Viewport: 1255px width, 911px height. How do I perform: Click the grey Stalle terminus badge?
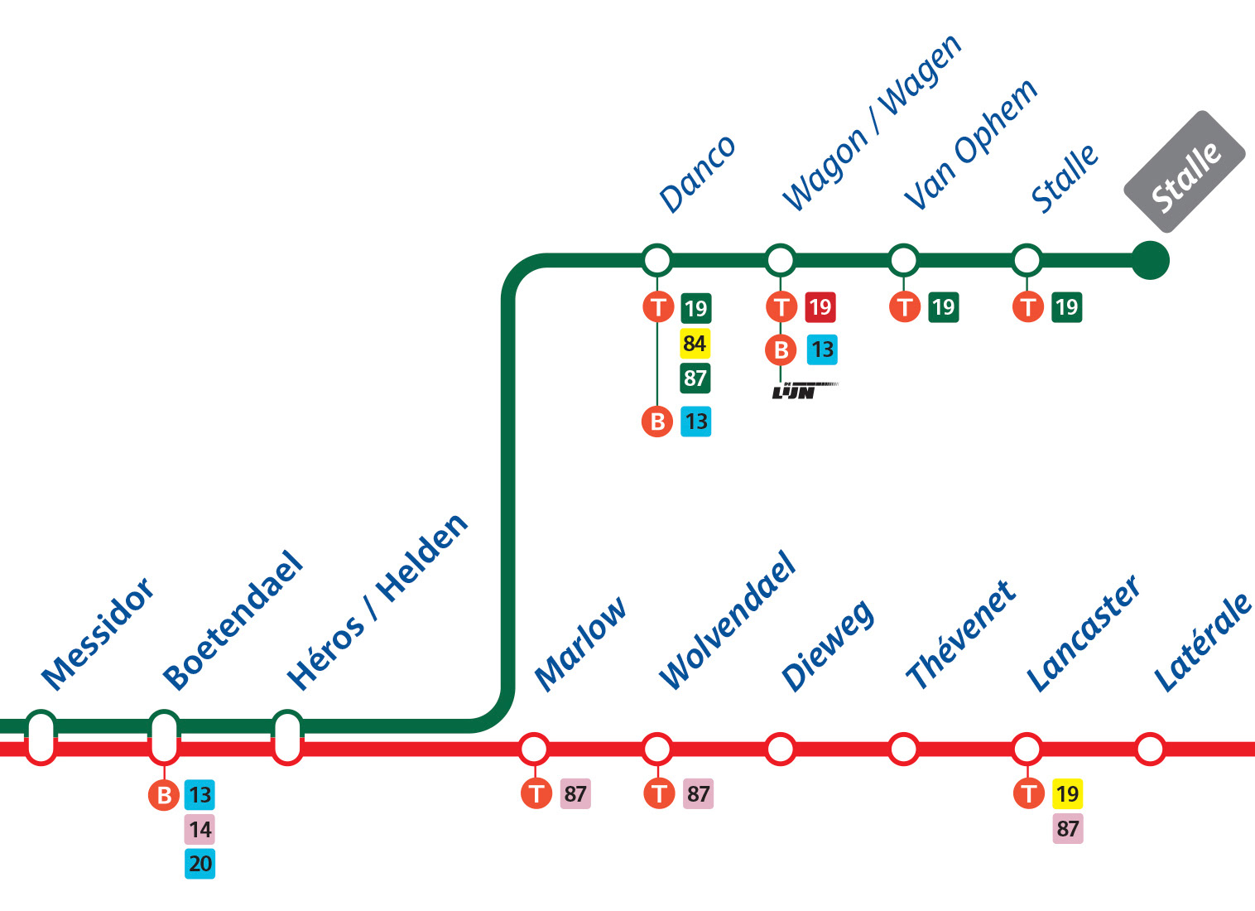click(1185, 171)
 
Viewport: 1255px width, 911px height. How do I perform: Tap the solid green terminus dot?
click(1150, 260)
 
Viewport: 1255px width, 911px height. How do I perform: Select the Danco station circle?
click(657, 260)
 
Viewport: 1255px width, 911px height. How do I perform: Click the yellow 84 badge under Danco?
click(695, 343)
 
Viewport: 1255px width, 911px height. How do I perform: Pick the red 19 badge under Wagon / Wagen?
click(820, 307)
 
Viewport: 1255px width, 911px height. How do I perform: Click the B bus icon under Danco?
click(657, 422)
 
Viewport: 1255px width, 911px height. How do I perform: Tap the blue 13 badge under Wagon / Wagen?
click(822, 349)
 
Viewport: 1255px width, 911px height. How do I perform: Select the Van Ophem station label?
click(969, 147)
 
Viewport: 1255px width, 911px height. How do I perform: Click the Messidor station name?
click(98, 634)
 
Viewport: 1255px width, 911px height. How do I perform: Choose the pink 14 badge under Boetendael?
click(200, 829)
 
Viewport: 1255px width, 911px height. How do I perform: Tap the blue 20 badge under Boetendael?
click(200, 864)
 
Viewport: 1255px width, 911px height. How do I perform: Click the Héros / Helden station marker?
click(287, 737)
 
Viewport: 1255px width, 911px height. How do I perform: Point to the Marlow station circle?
click(534, 749)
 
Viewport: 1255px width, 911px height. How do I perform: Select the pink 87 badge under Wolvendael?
click(698, 794)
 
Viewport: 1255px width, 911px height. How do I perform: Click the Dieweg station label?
click(828, 644)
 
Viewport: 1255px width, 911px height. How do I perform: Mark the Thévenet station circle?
click(903, 749)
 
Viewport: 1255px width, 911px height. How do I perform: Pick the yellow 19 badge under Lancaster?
click(1067, 794)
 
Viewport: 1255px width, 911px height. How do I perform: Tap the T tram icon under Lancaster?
click(1028, 794)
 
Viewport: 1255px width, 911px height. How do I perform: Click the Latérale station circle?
click(1150, 749)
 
